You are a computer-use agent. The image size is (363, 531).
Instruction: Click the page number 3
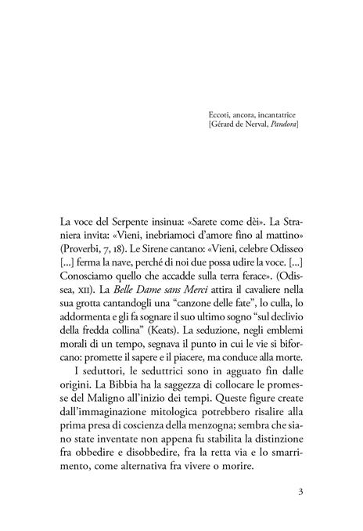(x=300, y=493)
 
